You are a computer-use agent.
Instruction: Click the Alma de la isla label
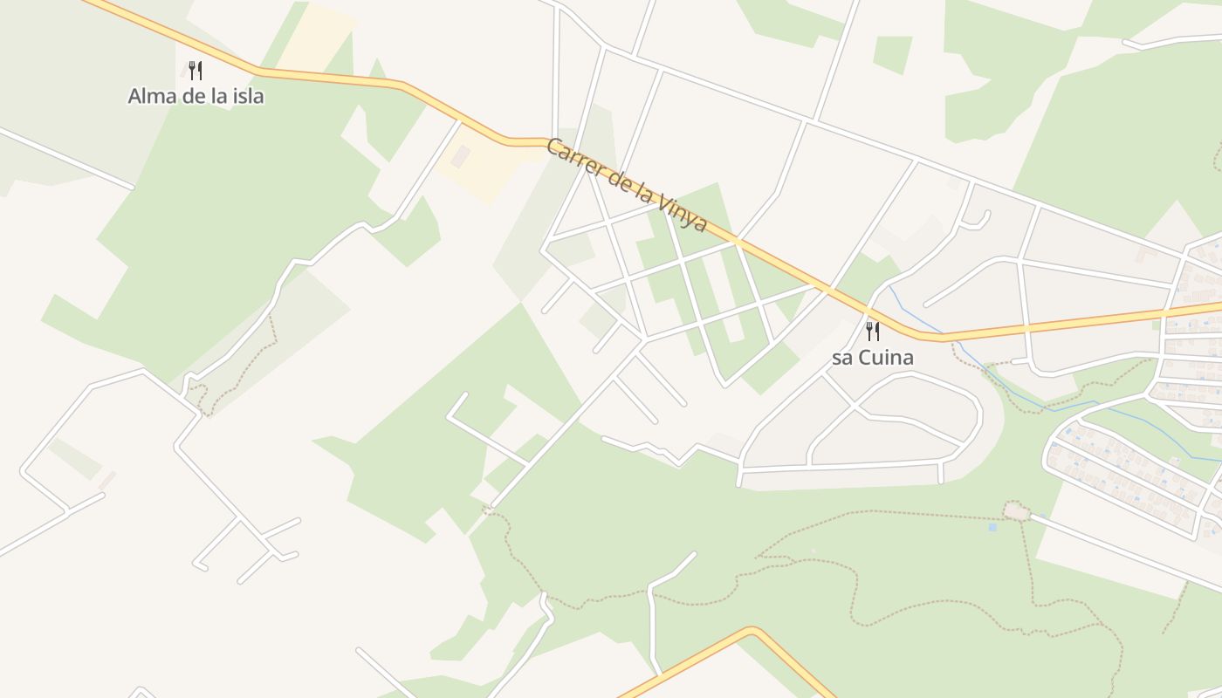196,96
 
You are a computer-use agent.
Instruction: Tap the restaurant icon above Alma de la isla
196,71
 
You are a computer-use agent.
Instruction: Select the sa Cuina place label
872,357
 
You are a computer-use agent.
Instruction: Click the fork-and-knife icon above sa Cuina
872,332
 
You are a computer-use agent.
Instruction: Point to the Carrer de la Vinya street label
626,185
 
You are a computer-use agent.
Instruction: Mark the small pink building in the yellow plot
460,156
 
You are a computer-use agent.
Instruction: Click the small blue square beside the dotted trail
992,527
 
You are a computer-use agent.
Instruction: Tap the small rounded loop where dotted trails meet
1015,510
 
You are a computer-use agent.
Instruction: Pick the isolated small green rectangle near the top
892,54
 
